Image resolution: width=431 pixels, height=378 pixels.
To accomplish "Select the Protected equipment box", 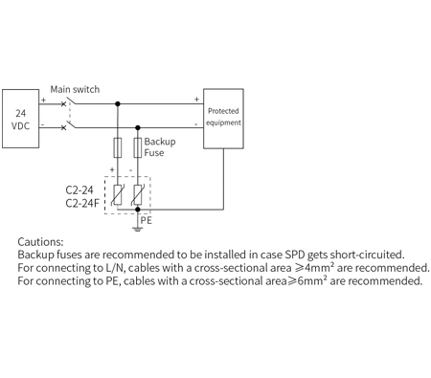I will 224,117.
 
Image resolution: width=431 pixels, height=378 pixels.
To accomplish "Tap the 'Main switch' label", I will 75,89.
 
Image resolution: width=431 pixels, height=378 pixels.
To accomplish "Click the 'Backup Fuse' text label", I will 160,146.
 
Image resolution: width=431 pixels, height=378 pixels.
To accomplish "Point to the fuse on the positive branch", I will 118,147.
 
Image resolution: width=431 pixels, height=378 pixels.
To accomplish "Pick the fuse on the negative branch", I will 138,147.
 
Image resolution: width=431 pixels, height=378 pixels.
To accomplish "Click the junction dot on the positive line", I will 118,103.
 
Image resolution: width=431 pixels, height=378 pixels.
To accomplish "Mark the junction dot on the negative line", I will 138,125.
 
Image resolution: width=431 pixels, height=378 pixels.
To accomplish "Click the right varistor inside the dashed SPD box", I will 138,196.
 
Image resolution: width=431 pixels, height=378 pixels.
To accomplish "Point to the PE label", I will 147,219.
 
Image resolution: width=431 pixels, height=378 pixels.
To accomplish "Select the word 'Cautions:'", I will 40,243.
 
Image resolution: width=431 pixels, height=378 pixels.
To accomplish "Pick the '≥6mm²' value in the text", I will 302,281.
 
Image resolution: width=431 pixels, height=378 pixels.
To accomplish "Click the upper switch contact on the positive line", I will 65,103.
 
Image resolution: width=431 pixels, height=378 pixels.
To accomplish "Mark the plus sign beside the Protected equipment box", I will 197,98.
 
